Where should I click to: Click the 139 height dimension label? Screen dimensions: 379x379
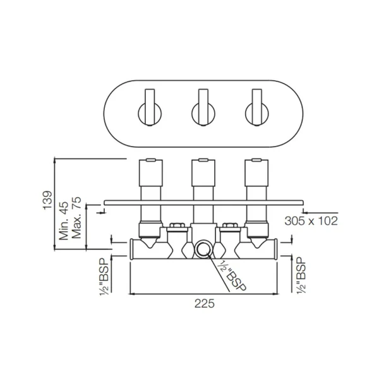(48, 200)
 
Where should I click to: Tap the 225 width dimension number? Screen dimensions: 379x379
(205, 304)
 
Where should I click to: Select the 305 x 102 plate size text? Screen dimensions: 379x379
(311, 220)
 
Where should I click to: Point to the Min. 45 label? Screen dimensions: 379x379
(64, 220)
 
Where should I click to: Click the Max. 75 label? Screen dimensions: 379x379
(76, 218)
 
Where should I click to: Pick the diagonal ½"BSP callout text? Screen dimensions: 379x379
(231, 276)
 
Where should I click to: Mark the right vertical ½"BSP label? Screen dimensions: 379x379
(301, 275)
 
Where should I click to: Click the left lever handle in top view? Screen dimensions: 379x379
(150, 107)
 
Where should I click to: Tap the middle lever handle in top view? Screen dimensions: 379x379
(203, 107)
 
